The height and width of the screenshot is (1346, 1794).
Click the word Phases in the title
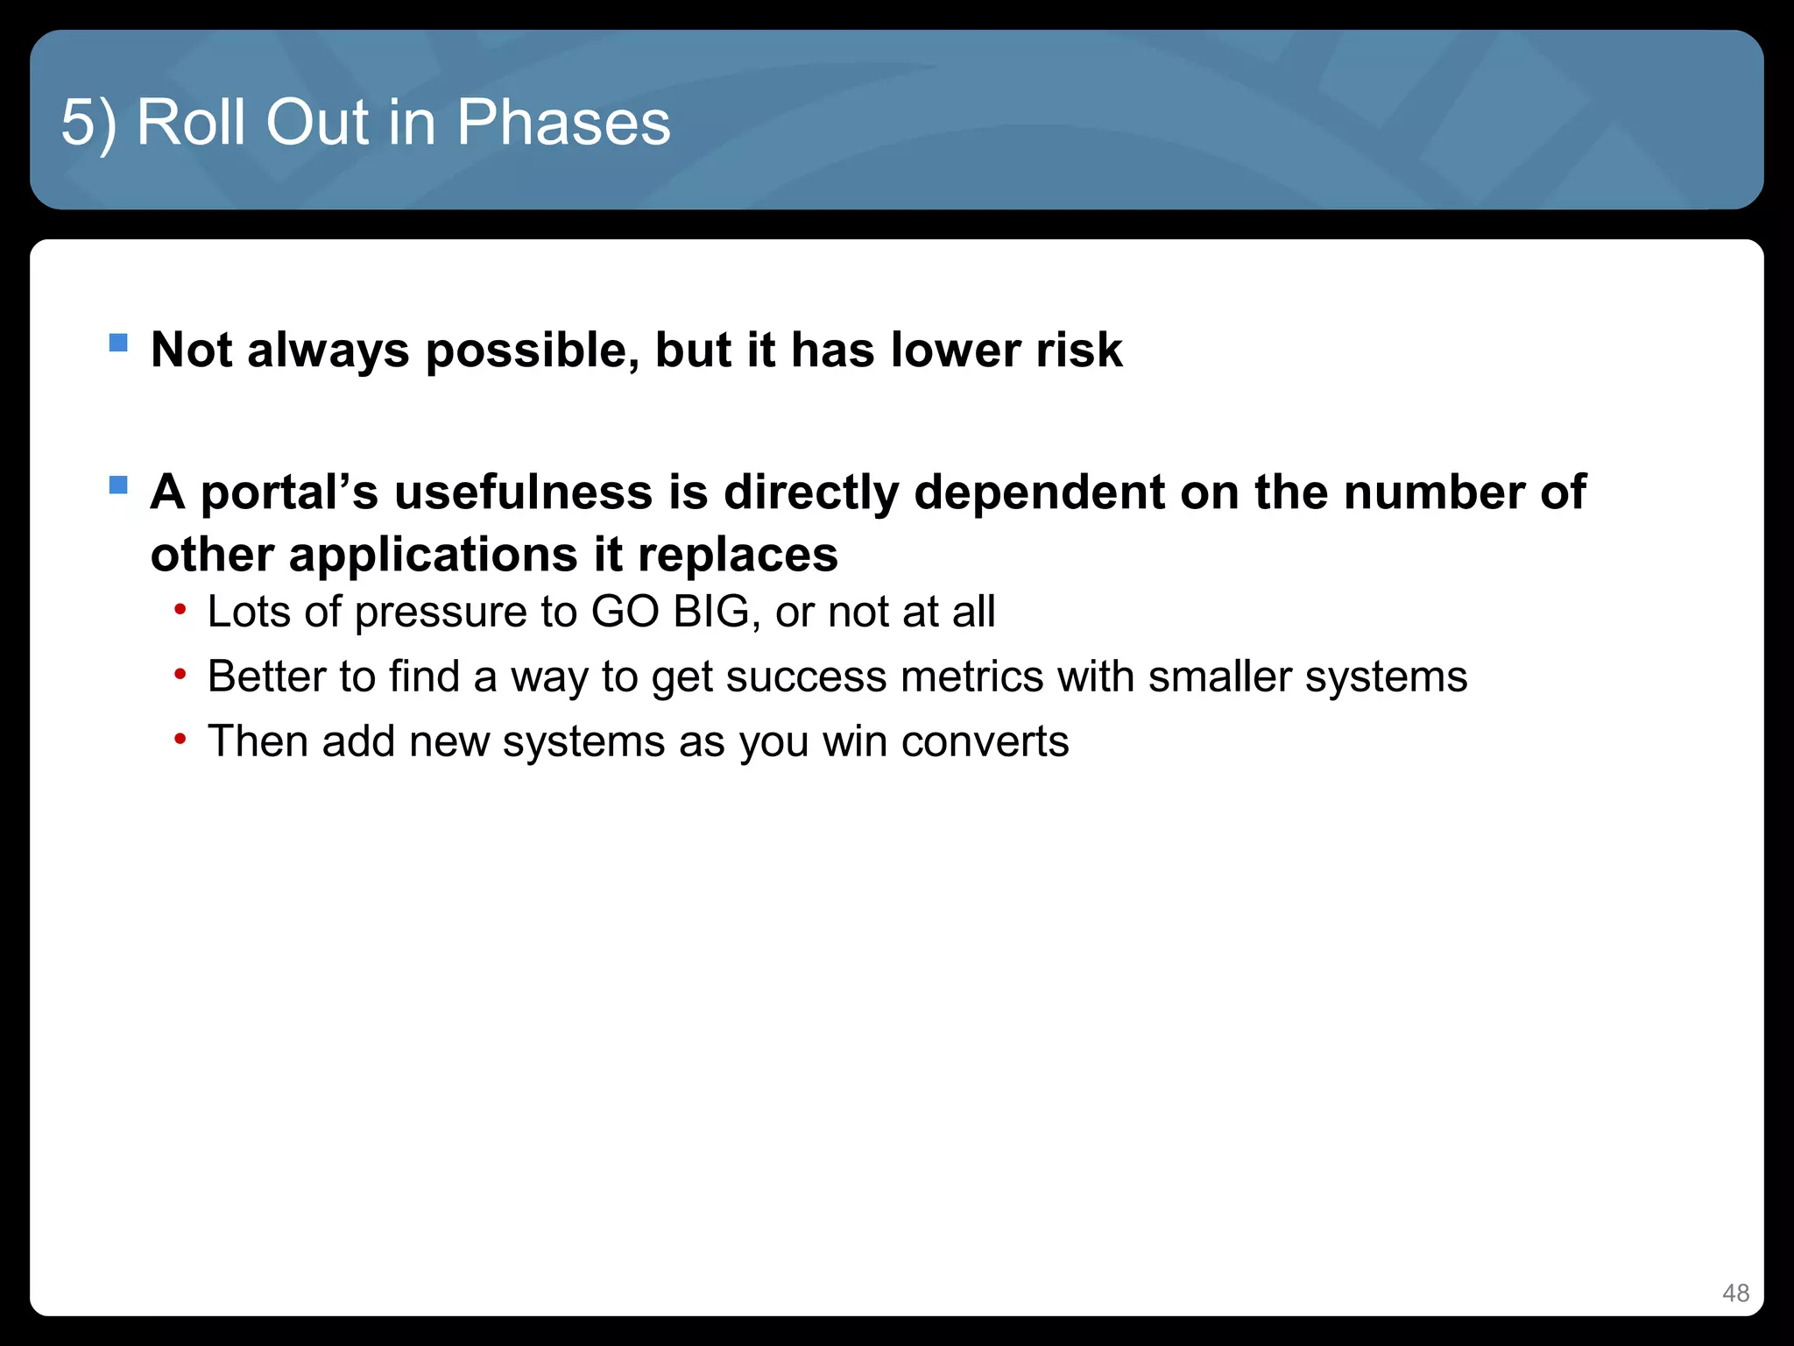tap(563, 122)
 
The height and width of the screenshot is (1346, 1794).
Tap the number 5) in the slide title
tap(88, 122)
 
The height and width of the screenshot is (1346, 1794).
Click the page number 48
tap(1735, 1293)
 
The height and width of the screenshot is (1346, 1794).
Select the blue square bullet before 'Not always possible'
tap(118, 342)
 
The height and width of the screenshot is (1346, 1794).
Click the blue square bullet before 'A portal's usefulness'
tap(118, 485)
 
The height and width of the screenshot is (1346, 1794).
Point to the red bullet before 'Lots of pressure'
tap(180, 609)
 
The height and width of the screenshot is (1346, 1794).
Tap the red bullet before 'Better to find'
tap(180, 674)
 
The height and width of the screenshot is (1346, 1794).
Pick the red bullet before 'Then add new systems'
tap(180, 740)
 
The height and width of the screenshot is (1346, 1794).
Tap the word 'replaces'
tap(738, 556)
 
